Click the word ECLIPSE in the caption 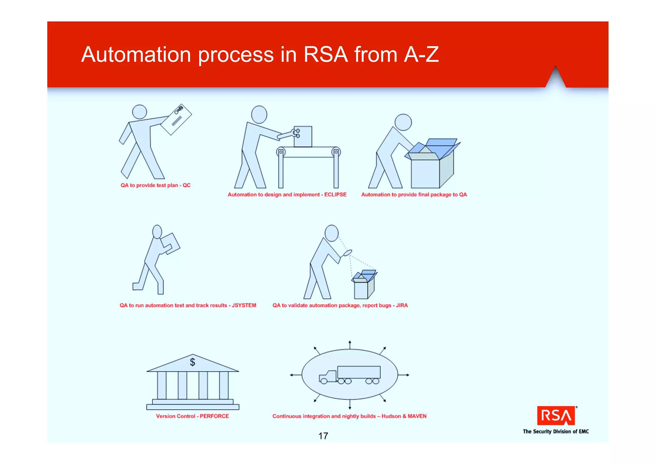(x=335, y=195)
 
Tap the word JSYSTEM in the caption (x=244, y=305)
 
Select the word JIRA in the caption (x=402, y=305)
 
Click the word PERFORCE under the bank (x=214, y=416)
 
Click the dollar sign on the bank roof (x=193, y=362)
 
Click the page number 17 (x=323, y=436)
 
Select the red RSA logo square (x=556, y=416)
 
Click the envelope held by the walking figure (x=176, y=120)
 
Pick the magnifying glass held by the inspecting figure (x=348, y=253)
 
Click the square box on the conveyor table (x=303, y=137)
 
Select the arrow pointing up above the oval (x=350, y=344)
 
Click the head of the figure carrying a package (x=157, y=231)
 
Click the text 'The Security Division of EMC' (x=556, y=432)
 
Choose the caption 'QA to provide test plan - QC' (x=155, y=185)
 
